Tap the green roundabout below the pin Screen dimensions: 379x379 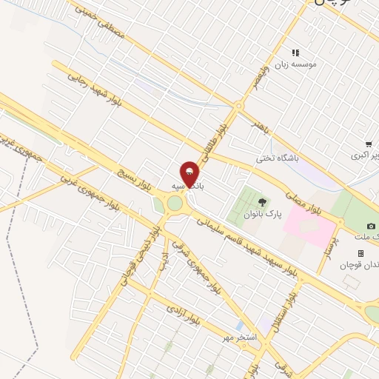(175, 203)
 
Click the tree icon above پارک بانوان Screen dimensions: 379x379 (260, 201)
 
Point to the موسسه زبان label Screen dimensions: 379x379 (296, 65)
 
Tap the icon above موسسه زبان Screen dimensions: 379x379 (295, 53)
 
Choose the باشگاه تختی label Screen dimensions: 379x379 (275, 157)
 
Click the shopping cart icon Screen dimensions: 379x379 (369, 144)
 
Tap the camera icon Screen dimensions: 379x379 (371, 226)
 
